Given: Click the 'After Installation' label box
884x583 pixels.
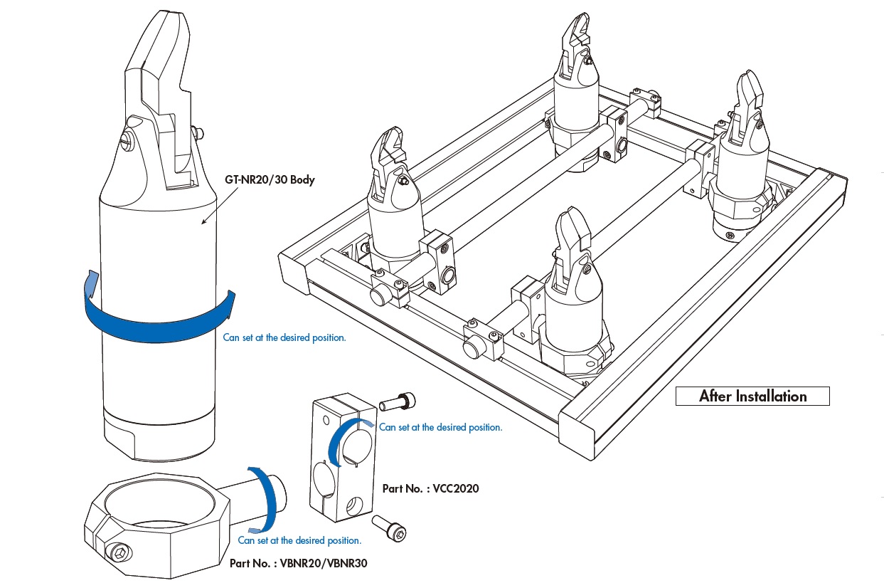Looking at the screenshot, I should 752,396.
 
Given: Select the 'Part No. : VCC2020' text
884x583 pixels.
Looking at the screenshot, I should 430,488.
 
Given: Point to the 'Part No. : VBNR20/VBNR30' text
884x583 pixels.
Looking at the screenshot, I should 299,563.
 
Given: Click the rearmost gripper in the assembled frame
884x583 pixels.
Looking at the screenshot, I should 580,85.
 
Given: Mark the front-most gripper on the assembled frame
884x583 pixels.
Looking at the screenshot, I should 573,299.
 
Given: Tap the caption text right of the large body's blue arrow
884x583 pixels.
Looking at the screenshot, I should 284,337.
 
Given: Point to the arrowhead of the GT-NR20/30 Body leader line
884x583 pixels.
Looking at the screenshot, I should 203,223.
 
